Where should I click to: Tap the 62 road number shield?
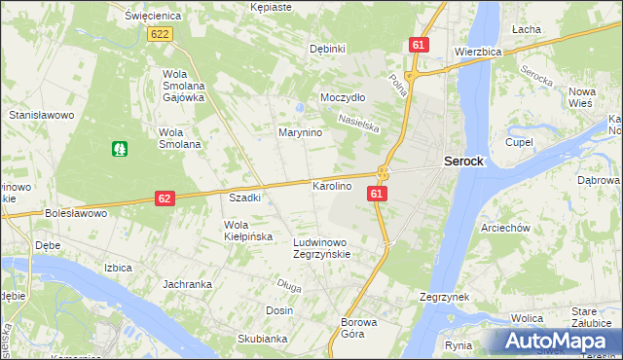tap(165, 198)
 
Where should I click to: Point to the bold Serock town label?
tap(464, 162)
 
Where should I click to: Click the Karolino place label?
tap(331, 185)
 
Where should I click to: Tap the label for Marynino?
tap(301, 132)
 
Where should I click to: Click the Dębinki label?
tap(327, 49)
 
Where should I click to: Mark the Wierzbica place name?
tap(478, 53)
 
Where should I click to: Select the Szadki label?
tap(244, 198)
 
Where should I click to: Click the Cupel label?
tap(519, 142)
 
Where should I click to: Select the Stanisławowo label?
tap(42, 115)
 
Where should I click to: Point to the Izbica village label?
tap(118, 266)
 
